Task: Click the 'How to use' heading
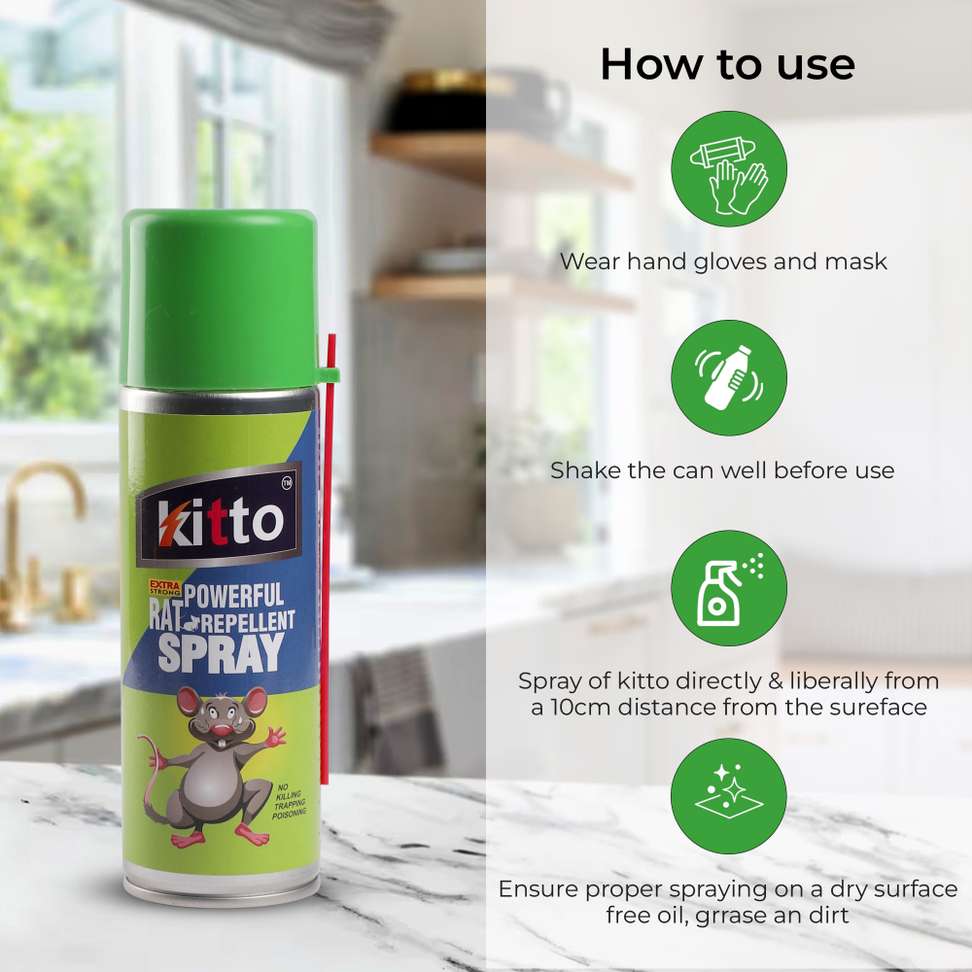pyautogui.click(x=728, y=64)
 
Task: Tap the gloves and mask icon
pyautogui.click(x=729, y=169)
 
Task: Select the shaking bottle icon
pyautogui.click(x=729, y=378)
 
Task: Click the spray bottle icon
pyautogui.click(x=729, y=588)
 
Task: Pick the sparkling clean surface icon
pyautogui.click(x=729, y=796)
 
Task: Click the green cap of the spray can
pyautogui.click(x=221, y=300)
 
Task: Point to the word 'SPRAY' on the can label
pyautogui.click(x=221, y=653)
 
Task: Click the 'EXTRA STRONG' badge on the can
pyautogui.click(x=165, y=588)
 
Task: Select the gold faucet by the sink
pyautogui.click(x=38, y=546)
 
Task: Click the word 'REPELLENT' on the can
pyautogui.click(x=247, y=622)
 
